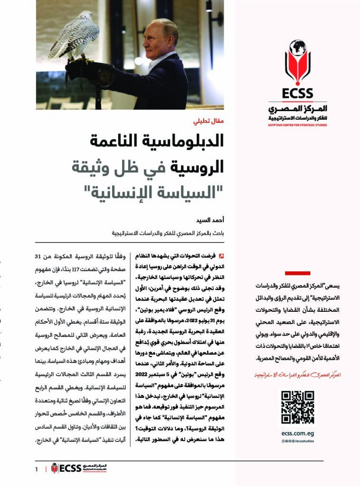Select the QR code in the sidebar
click(297, 407)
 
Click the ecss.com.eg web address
click(297, 432)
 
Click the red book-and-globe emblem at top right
click(297, 62)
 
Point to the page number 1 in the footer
click(36, 469)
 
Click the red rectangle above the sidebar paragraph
click(297, 273)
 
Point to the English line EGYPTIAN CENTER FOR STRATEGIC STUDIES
click(298, 125)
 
